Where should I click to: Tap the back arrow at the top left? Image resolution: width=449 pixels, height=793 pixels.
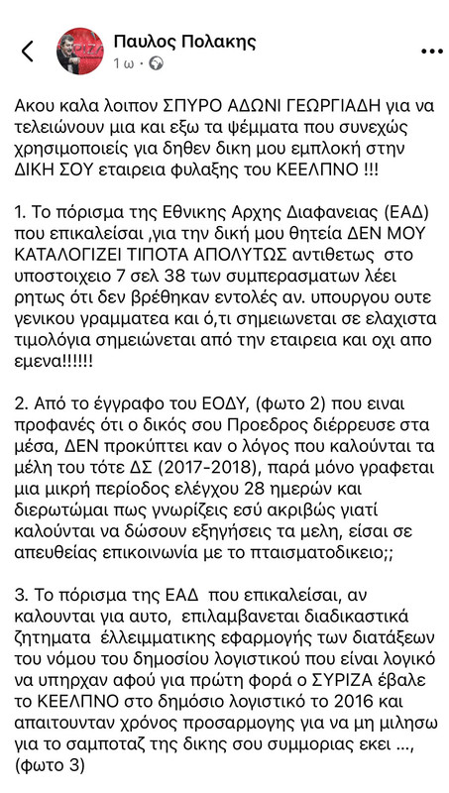coord(28,52)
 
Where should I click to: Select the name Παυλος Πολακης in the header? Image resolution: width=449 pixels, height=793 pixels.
coord(184,41)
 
